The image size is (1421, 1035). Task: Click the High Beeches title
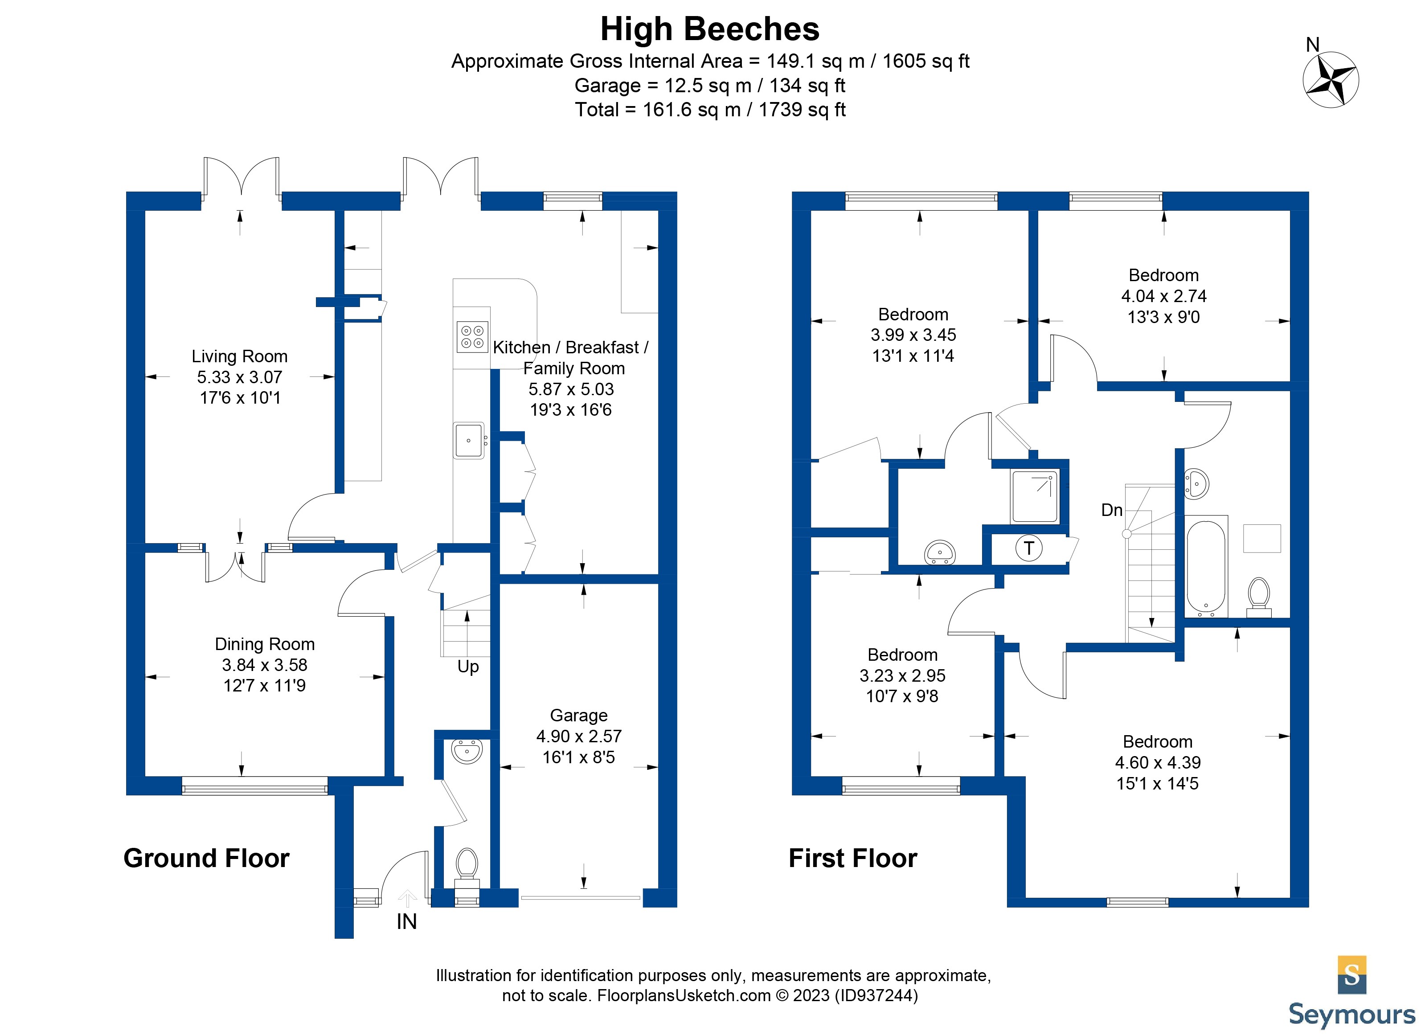(x=709, y=29)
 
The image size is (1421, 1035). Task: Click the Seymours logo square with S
(x=1351, y=974)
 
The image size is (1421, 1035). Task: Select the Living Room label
(x=239, y=356)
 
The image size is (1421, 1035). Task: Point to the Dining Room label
(x=264, y=644)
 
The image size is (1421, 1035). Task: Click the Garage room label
(x=578, y=716)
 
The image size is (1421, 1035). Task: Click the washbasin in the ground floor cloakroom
(x=467, y=751)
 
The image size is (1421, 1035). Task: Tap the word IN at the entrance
(x=407, y=921)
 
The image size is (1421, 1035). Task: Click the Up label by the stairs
(x=468, y=667)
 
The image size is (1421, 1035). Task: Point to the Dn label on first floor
(x=1111, y=510)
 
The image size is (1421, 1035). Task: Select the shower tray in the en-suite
(x=1034, y=496)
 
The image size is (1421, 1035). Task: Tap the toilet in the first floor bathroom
(x=1258, y=595)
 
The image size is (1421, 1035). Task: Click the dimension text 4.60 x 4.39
(x=1157, y=762)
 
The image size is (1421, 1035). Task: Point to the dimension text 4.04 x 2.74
(x=1163, y=296)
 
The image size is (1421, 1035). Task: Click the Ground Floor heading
(x=206, y=858)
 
